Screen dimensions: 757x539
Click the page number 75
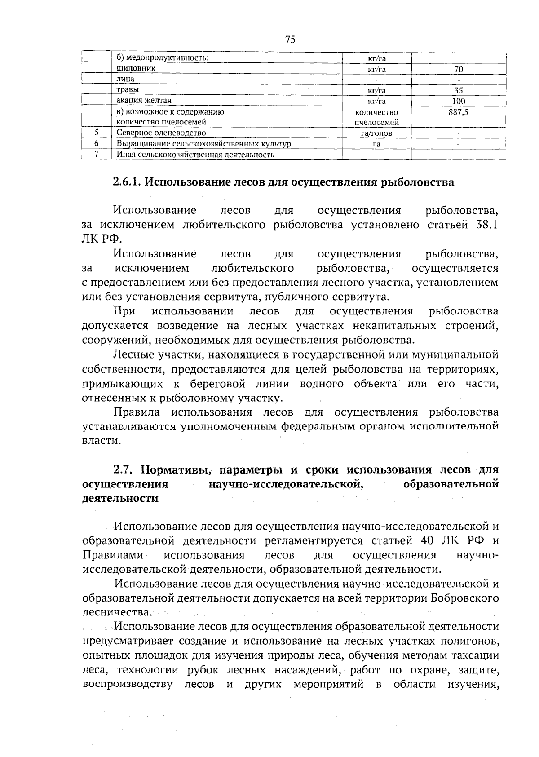tap(290, 40)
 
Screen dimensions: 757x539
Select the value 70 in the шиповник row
tap(459, 70)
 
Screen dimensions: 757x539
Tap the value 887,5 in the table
tap(459, 112)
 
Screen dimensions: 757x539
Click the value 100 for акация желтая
tap(459, 102)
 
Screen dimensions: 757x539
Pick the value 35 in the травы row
tap(459, 91)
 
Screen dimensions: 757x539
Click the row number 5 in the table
tap(97, 133)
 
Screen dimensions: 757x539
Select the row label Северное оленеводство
tap(161, 133)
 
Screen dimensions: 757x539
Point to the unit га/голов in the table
tap(376, 133)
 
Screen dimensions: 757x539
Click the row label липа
tap(125, 79)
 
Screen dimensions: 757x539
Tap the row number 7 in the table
tap(97, 155)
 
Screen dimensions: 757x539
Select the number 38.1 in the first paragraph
tap(486, 225)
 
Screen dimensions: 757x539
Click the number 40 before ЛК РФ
tap(429, 540)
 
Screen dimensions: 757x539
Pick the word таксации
tap(476, 655)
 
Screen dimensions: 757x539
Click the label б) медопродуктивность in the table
tap(163, 58)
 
